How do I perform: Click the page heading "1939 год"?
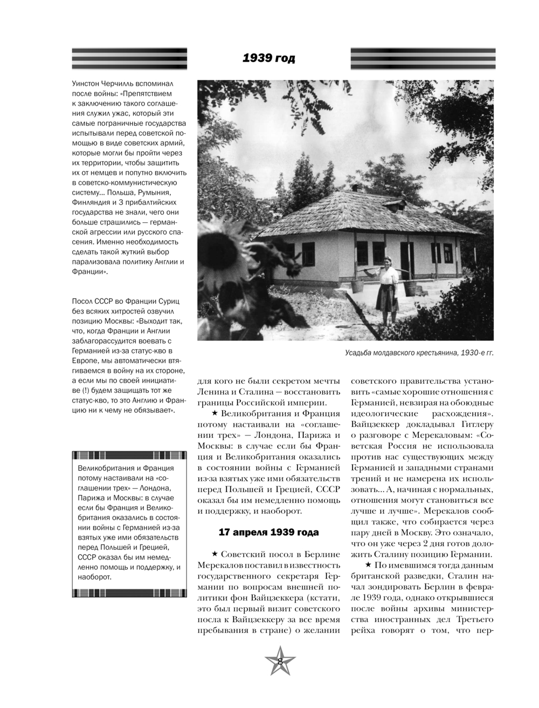click(268, 58)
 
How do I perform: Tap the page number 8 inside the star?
click(280, 662)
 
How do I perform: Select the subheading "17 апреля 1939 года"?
click(268, 533)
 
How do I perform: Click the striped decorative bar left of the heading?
click(129, 58)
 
